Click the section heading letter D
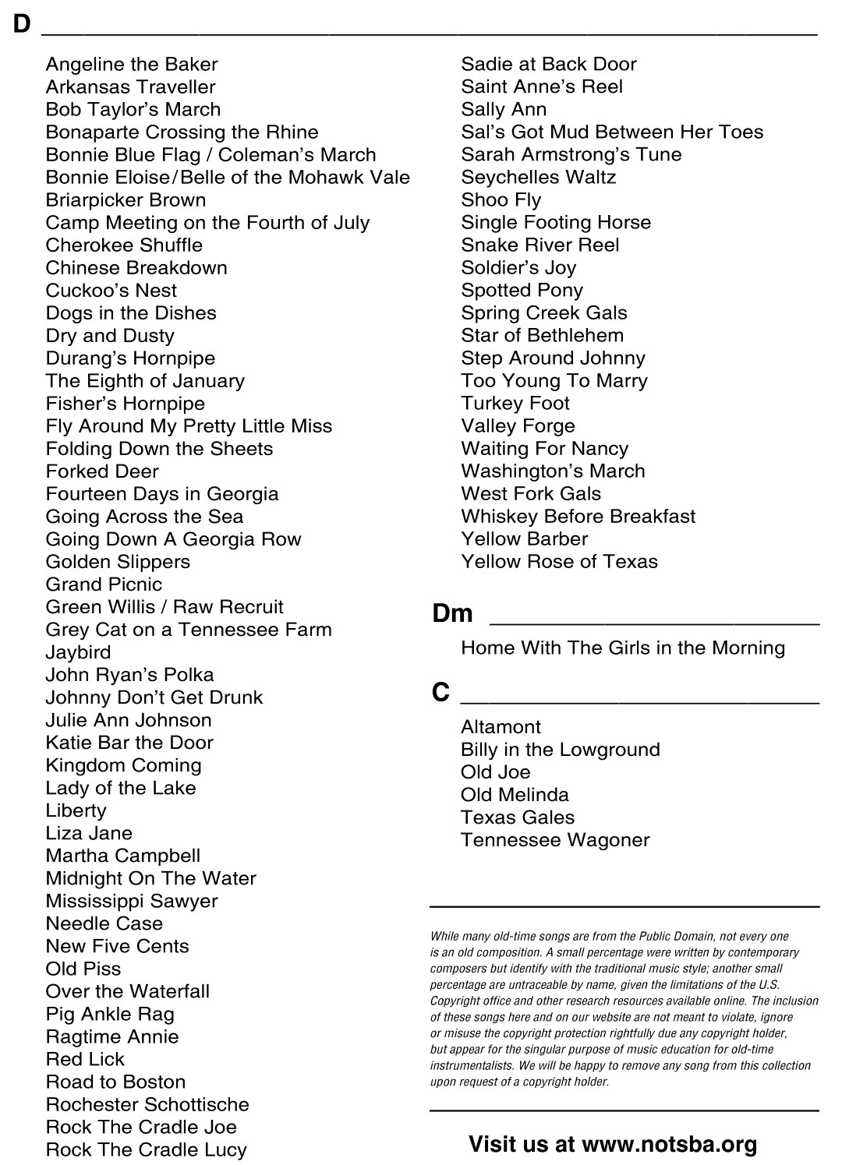(21, 24)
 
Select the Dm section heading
(452, 613)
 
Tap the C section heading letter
(440, 692)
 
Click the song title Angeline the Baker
(132, 64)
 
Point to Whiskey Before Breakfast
(578, 516)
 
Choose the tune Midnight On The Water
(150, 878)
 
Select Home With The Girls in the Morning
(622, 648)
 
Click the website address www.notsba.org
(669, 1144)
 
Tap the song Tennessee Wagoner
(554, 840)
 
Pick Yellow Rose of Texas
(559, 561)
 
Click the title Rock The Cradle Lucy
(146, 1149)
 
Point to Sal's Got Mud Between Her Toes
(612, 132)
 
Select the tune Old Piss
(83, 969)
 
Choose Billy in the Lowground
(560, 750)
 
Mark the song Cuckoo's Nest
(111, 290)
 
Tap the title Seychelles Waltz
(538, 177)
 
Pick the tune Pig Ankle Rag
(110, 1014)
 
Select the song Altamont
(501, 727)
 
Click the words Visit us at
(522, 1144)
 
